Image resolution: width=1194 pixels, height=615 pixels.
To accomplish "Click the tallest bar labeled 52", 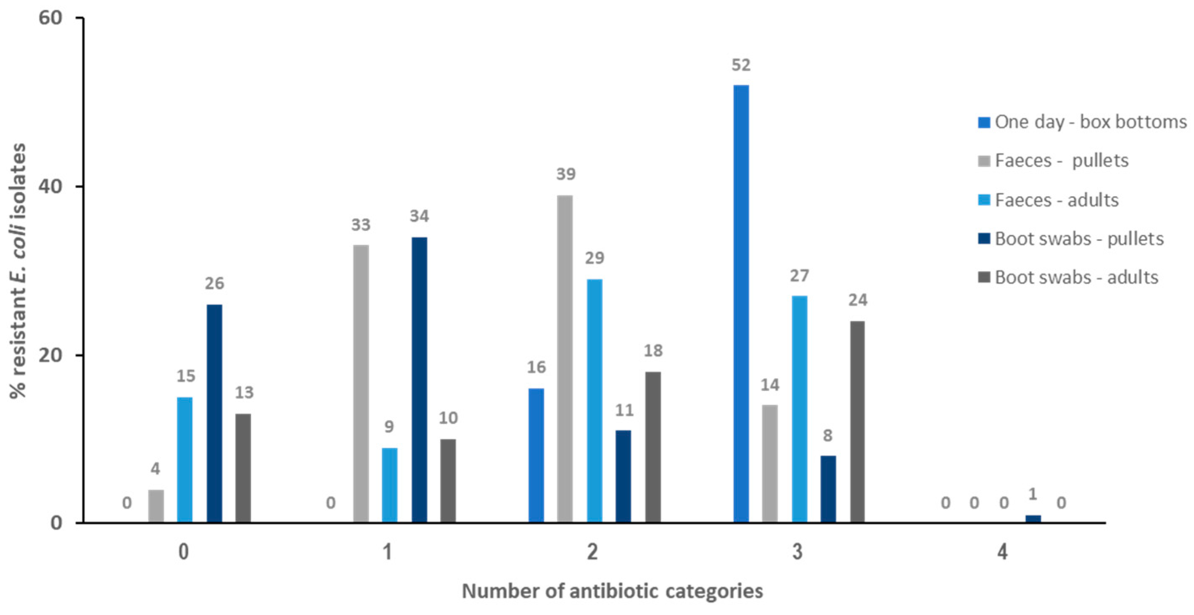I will [x=741, y=304].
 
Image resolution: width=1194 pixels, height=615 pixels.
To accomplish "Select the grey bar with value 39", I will [x=565, y=359].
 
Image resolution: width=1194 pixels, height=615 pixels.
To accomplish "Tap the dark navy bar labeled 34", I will [x=420, y=380].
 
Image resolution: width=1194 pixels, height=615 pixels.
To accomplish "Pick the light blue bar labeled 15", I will [x=185, y=459].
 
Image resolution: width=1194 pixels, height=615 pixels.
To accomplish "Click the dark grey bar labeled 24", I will [x=857, y=422].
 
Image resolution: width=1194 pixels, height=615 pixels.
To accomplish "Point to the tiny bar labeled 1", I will [x=1033, y=519].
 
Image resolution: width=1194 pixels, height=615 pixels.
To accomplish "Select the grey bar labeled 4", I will [x=156, y=506].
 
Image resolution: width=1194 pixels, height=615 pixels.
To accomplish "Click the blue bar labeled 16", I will [x=536, y=455].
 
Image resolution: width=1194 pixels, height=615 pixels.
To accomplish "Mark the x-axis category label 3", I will [x=797, y=552].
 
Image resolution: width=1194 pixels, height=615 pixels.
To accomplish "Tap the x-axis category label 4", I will [x=1002, y=552].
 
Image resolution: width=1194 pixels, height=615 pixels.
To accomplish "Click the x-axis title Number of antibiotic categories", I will [x=612, y=591].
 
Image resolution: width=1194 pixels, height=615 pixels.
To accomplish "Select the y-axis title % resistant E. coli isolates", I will [x=18, y=271].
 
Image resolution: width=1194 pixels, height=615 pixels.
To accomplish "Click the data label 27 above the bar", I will [x=799, y=276].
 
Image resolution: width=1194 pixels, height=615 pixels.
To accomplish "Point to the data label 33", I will [x=361, y=225].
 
